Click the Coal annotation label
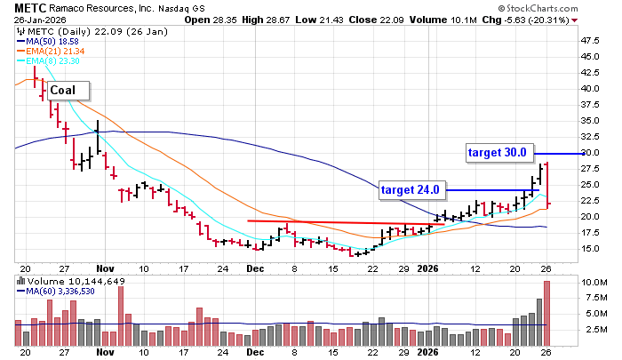(62, 90)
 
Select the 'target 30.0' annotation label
(498, 152)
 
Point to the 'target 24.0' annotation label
(411, 189)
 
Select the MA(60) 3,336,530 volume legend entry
(60, 291)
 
